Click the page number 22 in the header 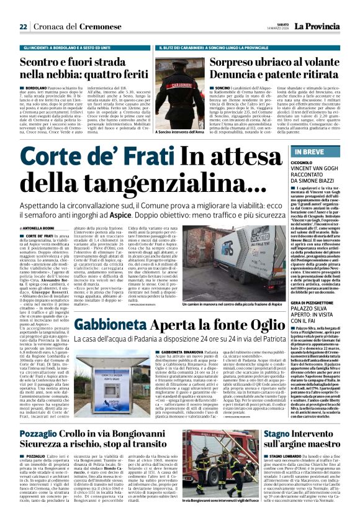[23, 27]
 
